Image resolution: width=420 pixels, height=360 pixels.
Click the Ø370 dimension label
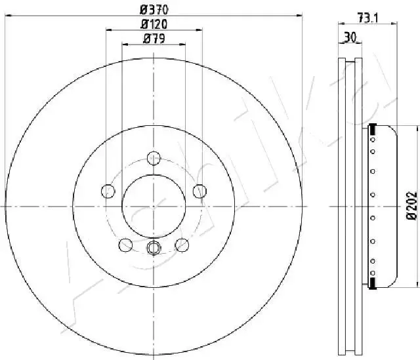[x=154, y=10]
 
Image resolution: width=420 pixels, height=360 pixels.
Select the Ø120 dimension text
[x=154, y=24]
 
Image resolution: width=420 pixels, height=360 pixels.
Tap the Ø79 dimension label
[x=154, y=39]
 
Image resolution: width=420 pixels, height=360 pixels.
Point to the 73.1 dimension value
[x=367, y=18]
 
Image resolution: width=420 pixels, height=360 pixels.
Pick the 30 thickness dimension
[x=350, y=37]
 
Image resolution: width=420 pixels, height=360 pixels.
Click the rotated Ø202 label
[x=412, y=206]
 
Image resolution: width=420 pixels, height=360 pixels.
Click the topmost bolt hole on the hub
[x=154, y=158]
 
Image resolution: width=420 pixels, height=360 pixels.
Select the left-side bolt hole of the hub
[x=108, y=191]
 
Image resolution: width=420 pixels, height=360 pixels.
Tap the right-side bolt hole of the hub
[x=199, y=191]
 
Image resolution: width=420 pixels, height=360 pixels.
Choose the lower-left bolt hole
[x=125, y=245]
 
